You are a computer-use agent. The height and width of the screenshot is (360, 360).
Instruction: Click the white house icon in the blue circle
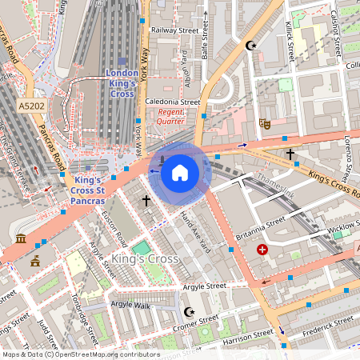(x=180, y=172)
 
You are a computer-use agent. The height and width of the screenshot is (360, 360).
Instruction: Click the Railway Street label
(x=174, y=30)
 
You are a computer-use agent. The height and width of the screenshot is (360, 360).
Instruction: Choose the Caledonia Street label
(x=173, y=102)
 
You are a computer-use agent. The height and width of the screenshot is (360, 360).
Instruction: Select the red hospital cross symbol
(x=262, y=250)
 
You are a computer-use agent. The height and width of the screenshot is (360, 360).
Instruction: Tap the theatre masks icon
(x=264, y=124)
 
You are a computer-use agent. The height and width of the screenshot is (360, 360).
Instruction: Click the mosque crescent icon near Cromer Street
(x=190, y=311)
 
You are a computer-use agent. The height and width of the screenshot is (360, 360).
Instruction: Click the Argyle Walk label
(x=130, y=305)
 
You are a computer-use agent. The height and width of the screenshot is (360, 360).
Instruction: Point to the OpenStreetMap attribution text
(x=80, y=354)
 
